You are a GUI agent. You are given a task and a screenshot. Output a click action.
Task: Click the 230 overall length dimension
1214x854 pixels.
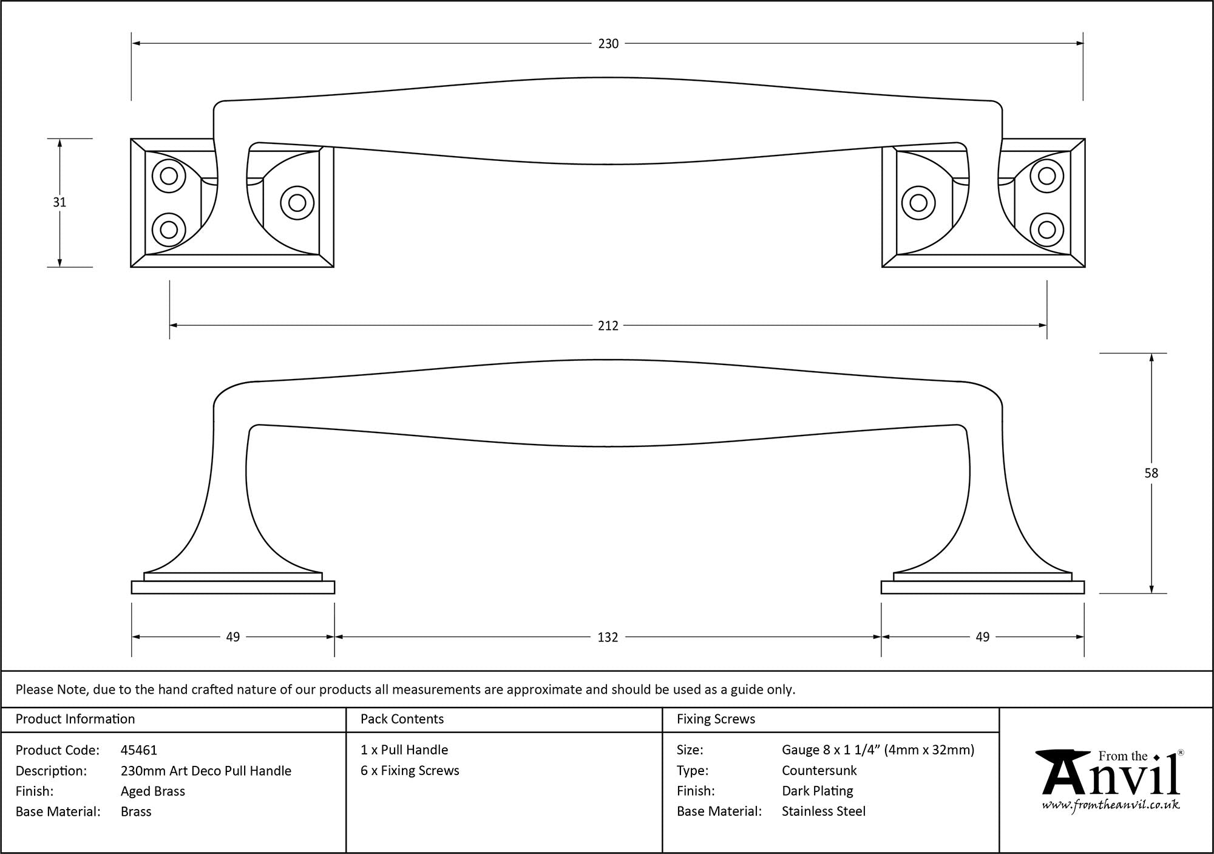[608, 44]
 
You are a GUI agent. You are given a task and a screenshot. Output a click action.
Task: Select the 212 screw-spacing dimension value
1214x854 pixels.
[608, 326]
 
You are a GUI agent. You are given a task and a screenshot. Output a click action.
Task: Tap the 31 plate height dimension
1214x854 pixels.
[59, 202]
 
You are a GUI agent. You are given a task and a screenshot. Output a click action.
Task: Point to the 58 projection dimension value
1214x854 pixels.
[1151, 473]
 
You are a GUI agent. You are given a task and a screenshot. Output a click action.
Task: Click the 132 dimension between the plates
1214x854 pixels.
[608, 637]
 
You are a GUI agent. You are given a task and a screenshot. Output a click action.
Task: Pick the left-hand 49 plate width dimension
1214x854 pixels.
[233, 637]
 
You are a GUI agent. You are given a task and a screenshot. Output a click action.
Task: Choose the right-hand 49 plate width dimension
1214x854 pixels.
[982, 637]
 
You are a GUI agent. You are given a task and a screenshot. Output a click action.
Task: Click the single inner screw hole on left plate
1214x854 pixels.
[297, 202]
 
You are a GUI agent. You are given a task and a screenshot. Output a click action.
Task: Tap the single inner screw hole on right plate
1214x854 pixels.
[918, 202]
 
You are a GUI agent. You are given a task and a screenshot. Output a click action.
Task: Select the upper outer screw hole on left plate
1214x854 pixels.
[169, 176]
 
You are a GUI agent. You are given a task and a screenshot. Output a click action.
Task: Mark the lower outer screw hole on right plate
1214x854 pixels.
[1046, 230]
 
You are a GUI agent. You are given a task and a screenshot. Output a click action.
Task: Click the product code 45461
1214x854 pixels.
[139, 750]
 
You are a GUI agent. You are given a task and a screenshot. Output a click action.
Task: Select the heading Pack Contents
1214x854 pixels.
[402, 719]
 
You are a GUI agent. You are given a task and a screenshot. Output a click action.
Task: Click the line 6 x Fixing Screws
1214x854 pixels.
[410, 770]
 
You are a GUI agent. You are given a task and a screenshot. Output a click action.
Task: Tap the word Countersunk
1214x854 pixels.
[819, 770]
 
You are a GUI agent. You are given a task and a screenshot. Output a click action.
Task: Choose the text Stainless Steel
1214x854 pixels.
[823, 811]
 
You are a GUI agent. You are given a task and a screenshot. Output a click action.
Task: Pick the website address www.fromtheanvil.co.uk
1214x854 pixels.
[1111, 805]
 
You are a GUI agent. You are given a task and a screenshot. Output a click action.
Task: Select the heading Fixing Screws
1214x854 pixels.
[716, 719]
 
